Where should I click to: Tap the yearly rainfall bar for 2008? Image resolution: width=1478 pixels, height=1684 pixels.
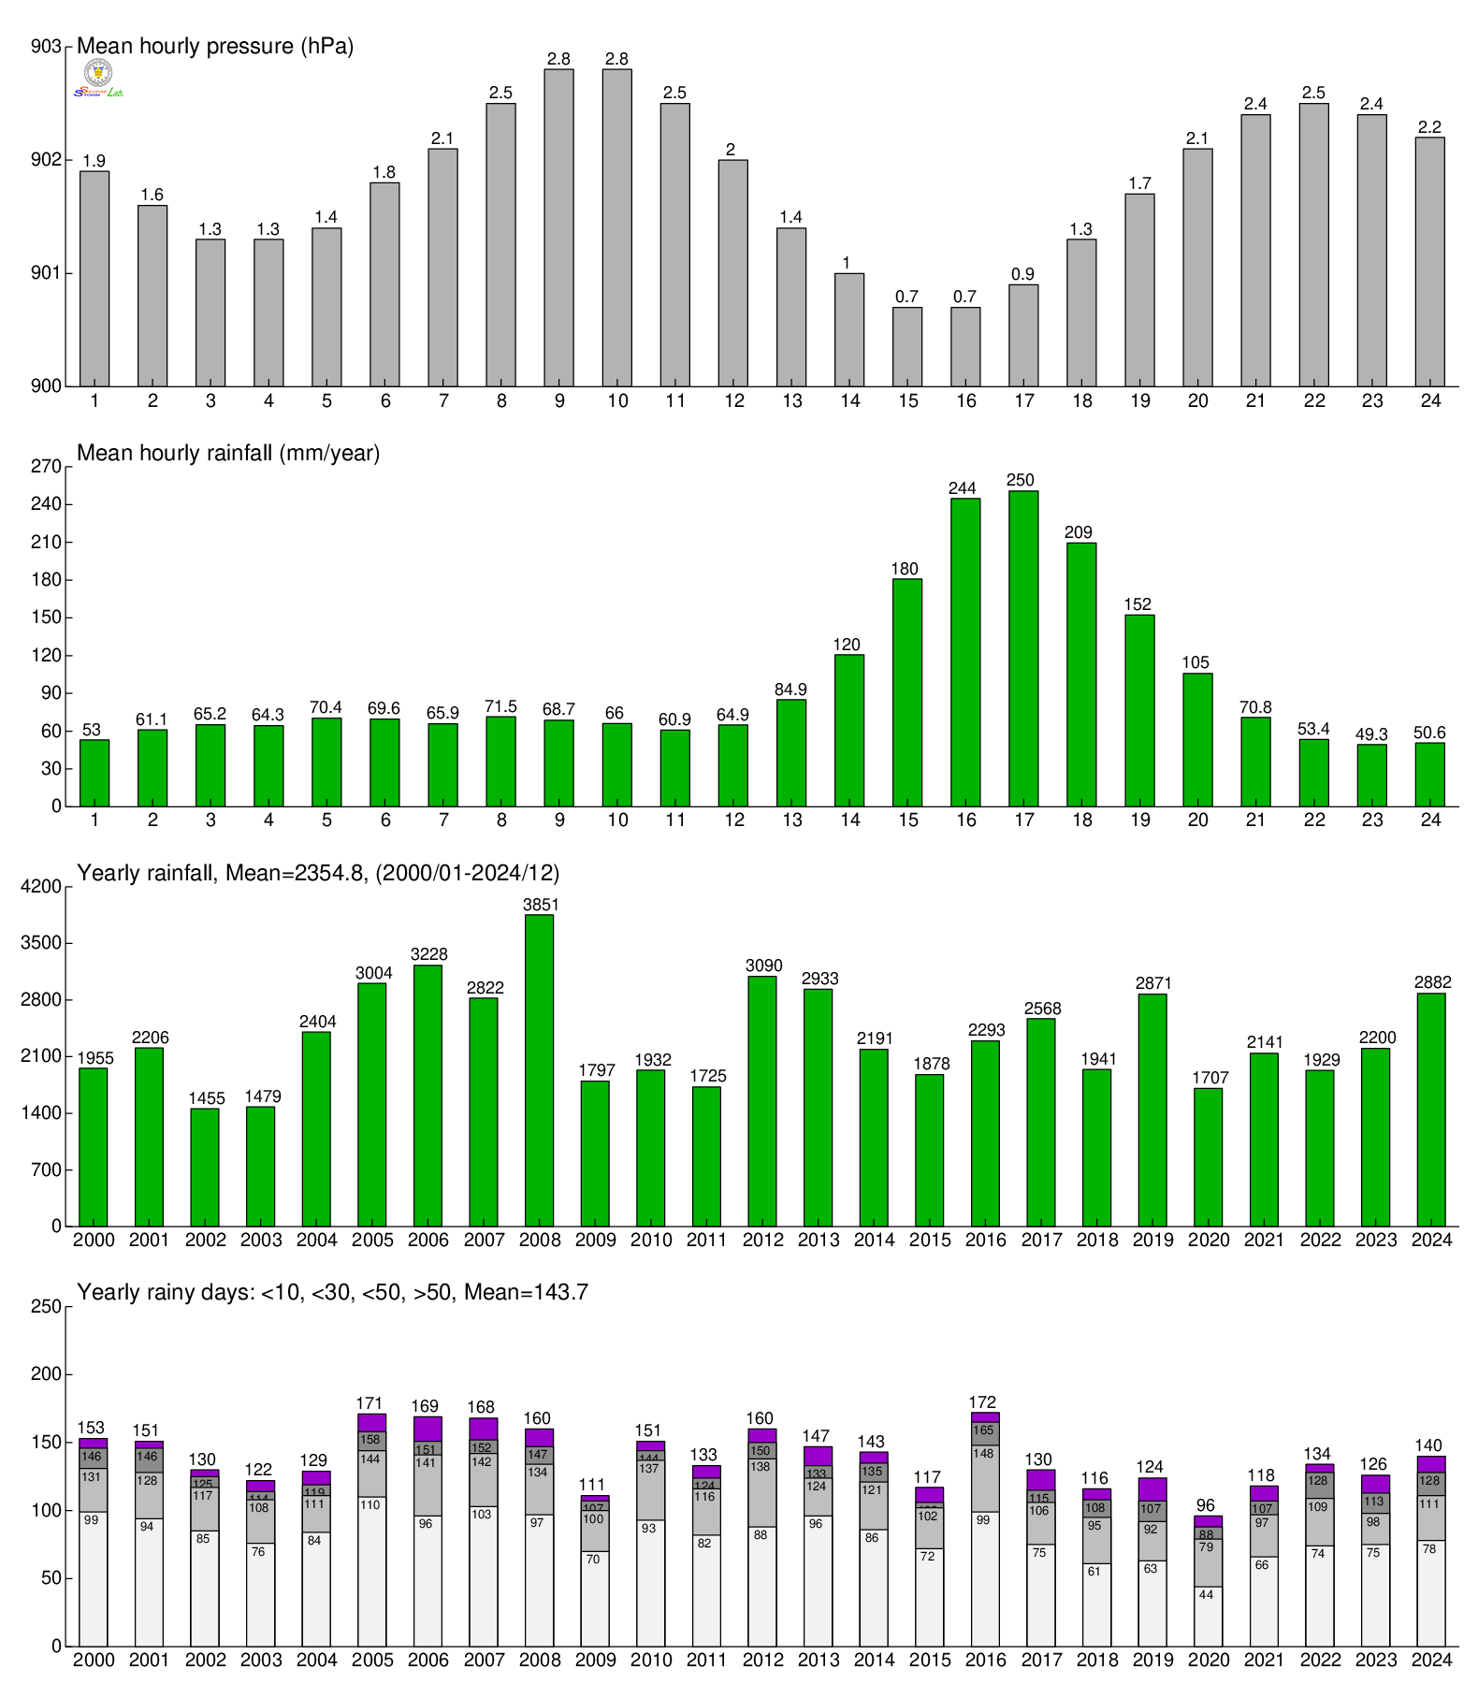coord(539,1070)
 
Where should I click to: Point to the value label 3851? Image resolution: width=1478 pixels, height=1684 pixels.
coord(540,905)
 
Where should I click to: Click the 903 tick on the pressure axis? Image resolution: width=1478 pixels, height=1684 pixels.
coord(46,47)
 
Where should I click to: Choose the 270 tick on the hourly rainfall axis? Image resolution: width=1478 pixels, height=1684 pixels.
coord(46,467)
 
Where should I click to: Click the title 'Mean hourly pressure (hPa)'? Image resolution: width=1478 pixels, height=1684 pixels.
coord(215,46)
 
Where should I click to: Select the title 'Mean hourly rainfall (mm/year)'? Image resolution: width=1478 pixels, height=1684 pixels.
coord(228,454)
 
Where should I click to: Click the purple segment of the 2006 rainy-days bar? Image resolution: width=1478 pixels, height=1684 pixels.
coord(427,1429)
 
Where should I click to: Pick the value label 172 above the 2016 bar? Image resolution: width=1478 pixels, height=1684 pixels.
coord(982,1402)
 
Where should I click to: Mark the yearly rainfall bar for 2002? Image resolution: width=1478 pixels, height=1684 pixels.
coord(205,1167)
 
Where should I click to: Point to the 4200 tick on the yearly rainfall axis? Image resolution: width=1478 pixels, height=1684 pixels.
coord(41,887)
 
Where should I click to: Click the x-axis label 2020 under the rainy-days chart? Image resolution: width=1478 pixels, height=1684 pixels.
coord(1208,1661)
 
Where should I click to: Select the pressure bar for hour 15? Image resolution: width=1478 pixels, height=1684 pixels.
coord(906,346)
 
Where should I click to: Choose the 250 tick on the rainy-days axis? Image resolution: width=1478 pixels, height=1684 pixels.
coord(46,1307)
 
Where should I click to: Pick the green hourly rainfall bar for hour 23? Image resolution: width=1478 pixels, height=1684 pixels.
coord(1371,775)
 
